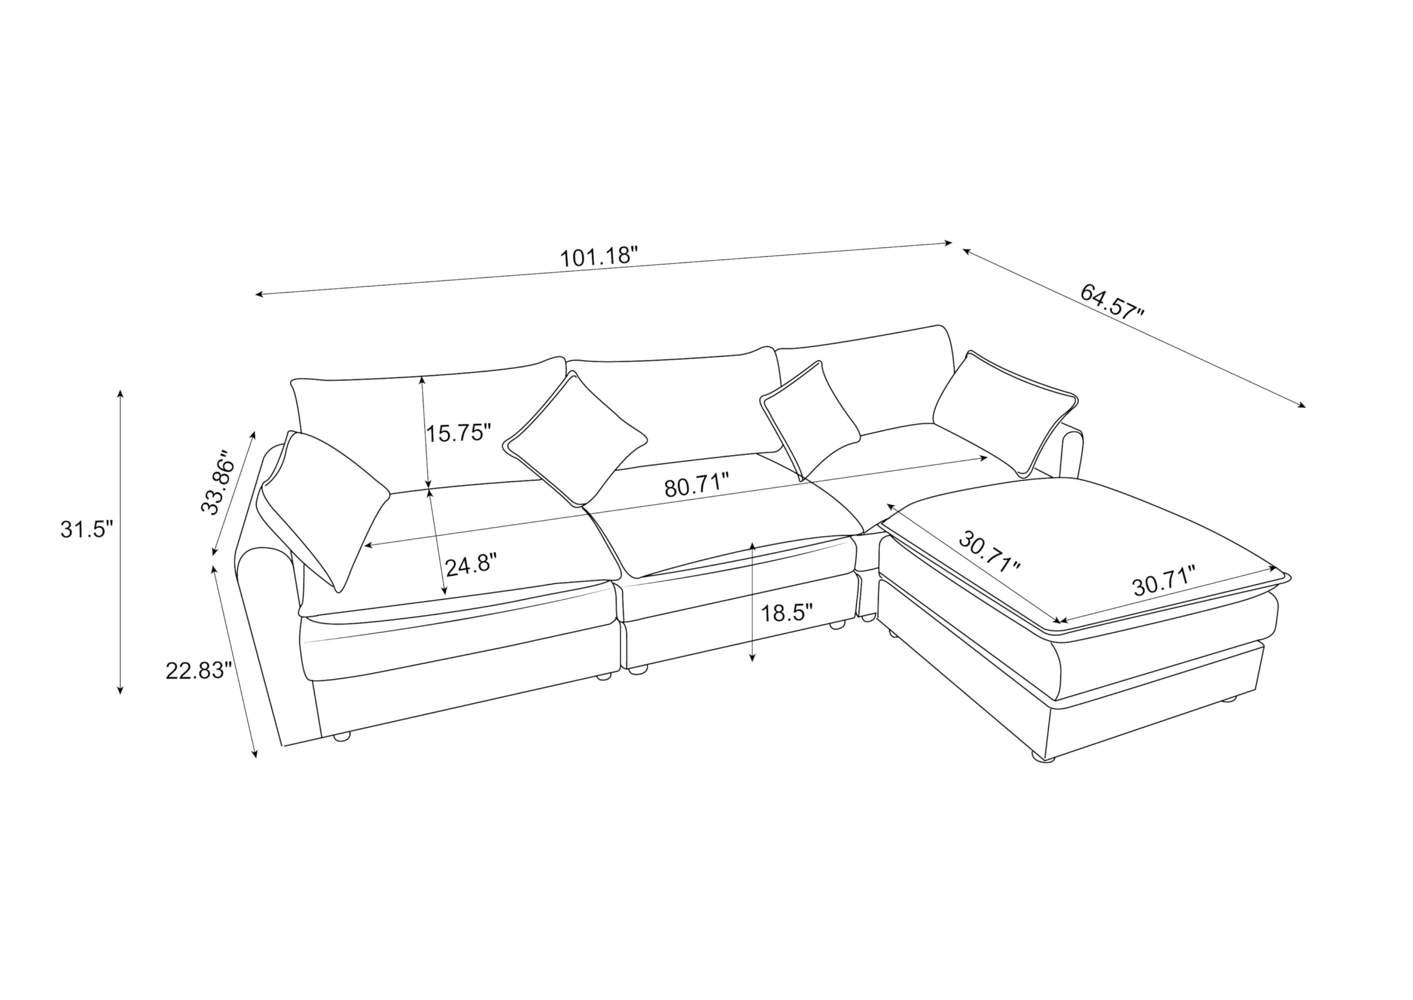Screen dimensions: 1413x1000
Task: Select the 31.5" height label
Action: (87, 529)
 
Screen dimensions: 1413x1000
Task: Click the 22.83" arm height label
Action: (199, 670)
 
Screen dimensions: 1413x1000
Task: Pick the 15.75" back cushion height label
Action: (459, 433)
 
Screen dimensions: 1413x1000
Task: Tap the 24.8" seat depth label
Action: (471, 565)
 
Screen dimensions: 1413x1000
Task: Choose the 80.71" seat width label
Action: (697, 485)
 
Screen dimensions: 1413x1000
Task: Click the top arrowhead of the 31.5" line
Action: (120, 394)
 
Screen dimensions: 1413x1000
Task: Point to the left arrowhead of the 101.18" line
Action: (261, 295)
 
